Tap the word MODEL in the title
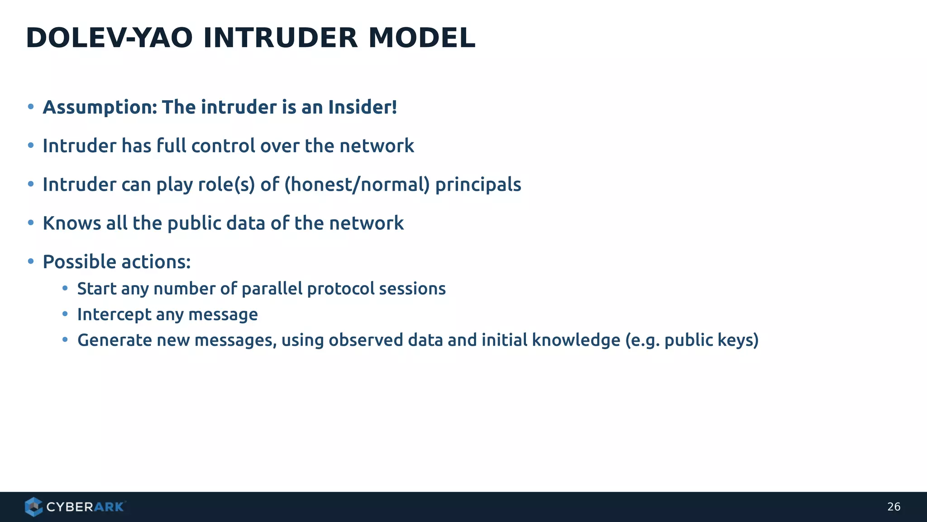coord(422,38)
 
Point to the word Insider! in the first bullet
coord(363,108)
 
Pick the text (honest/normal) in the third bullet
coord(357,185)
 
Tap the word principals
coord(478,185)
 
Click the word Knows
coord(72,223)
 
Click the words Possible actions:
coord(117,262)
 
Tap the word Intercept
coord(114,314)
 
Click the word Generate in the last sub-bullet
coord(114,340)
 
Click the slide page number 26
coord(894,507)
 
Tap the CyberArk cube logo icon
coord(33,507)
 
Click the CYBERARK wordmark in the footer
coord(85,507)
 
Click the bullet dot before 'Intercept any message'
coord(65,314)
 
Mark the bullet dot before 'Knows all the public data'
coord(31,222)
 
